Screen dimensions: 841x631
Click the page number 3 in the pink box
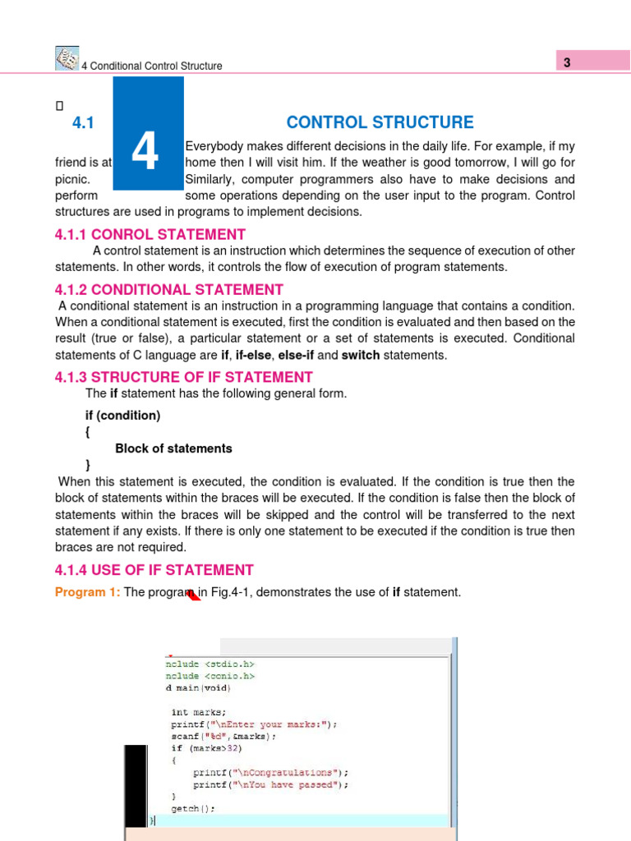point(567,63)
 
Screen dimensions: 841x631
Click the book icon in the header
point(66,58)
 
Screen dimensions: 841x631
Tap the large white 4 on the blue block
point(145,152)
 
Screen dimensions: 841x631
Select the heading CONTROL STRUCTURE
point(380,122)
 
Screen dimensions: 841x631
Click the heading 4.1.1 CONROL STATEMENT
point(150,234)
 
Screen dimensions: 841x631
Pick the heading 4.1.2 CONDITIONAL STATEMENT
point(169,289)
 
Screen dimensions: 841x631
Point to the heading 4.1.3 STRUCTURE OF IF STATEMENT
point(184,377)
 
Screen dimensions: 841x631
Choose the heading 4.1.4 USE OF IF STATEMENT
point(154,570)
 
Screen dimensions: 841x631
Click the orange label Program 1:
point(88,592)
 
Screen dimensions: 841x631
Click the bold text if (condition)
point(123,416)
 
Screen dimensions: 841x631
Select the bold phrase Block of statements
point(173,448)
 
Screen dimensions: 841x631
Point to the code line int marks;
point(198,712)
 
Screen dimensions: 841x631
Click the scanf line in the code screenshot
point(223,736)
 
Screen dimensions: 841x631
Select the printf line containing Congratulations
point(270,772)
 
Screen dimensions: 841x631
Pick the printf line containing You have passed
point(270,784)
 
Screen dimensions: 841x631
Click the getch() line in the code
point(193,809)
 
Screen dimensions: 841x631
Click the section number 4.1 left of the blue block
point(85,123)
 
